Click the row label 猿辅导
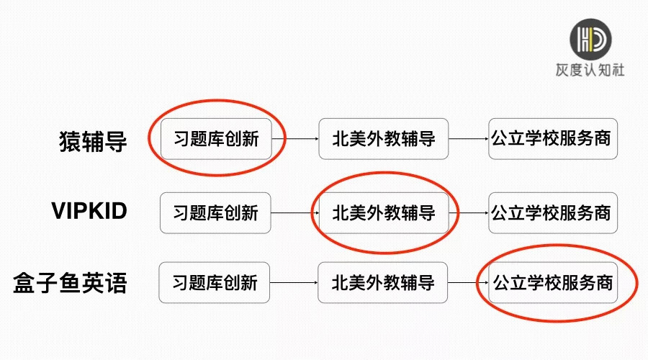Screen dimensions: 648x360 tap(93, 140)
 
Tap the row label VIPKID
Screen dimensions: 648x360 tap(89, 212)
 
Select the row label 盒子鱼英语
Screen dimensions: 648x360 tap(70, 282)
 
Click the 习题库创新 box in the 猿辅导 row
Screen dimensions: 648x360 tap(216, 139)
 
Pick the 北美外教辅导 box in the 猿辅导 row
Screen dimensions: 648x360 tap(384, 138)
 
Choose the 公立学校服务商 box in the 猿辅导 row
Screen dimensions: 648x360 tap(552, 138)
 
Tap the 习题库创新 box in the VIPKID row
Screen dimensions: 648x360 tap(215, 212)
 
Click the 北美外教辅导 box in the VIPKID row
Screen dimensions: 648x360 tap(384, 212)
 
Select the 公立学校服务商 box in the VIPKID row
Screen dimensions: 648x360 tap(552, 212)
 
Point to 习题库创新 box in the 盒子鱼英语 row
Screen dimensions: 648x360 tap(215, 282)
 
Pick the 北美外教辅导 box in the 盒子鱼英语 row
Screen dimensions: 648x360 tap(384, 282)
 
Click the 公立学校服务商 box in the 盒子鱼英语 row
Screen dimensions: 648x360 tap(552, 282)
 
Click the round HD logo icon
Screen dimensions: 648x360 tap(590, 40)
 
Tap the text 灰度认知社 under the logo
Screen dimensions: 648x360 tap(590, 71)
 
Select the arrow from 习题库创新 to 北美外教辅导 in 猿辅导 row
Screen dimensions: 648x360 tap(295, 139)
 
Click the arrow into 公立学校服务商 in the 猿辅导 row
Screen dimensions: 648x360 tap(468, 139)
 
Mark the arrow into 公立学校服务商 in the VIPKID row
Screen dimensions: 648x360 tap(472, 213)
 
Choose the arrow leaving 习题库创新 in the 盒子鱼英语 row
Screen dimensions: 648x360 tap(294, 283)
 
